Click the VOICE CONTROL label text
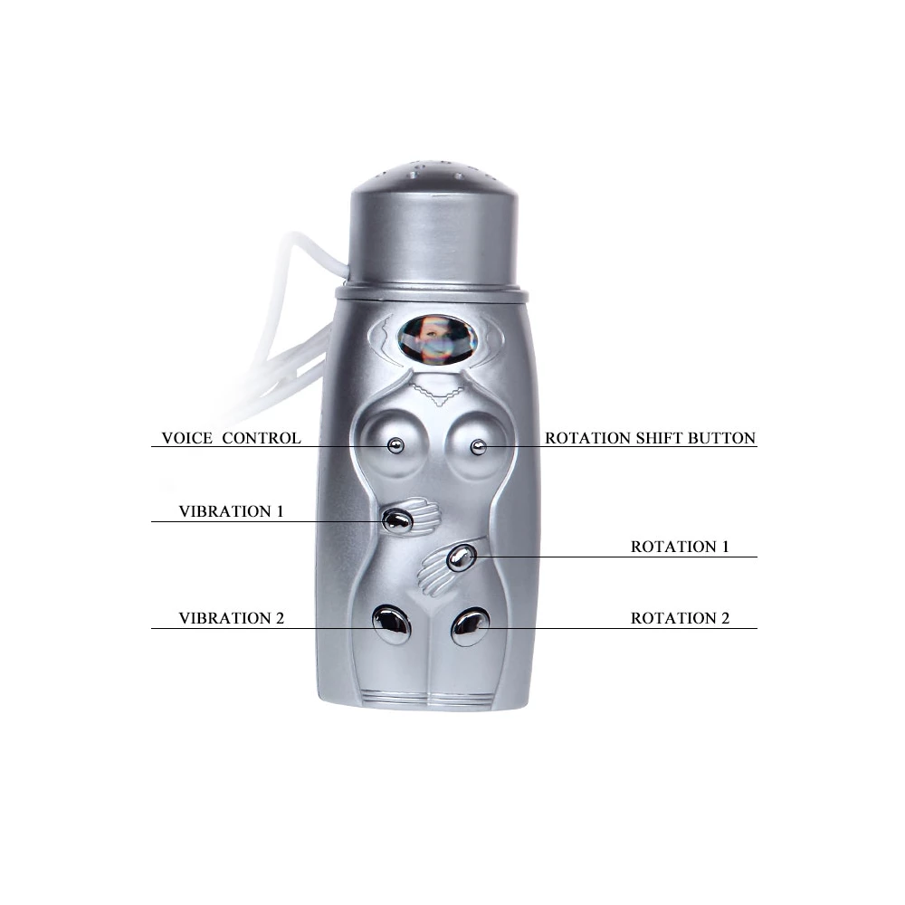click(x=231, y=438)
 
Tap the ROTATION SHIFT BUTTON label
click(x=651, y=438)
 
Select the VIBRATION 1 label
click(x=232, y=511)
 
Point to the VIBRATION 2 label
click(x=232, y=618)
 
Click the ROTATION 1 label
click(x=680, y=547)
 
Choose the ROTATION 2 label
click(x=680, y=618)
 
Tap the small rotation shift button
click(x=478, y=447)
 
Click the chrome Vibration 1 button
click(x=397, y=520)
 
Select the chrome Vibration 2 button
click(x=391, y=624)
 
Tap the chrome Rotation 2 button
click(x=471, y=627)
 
